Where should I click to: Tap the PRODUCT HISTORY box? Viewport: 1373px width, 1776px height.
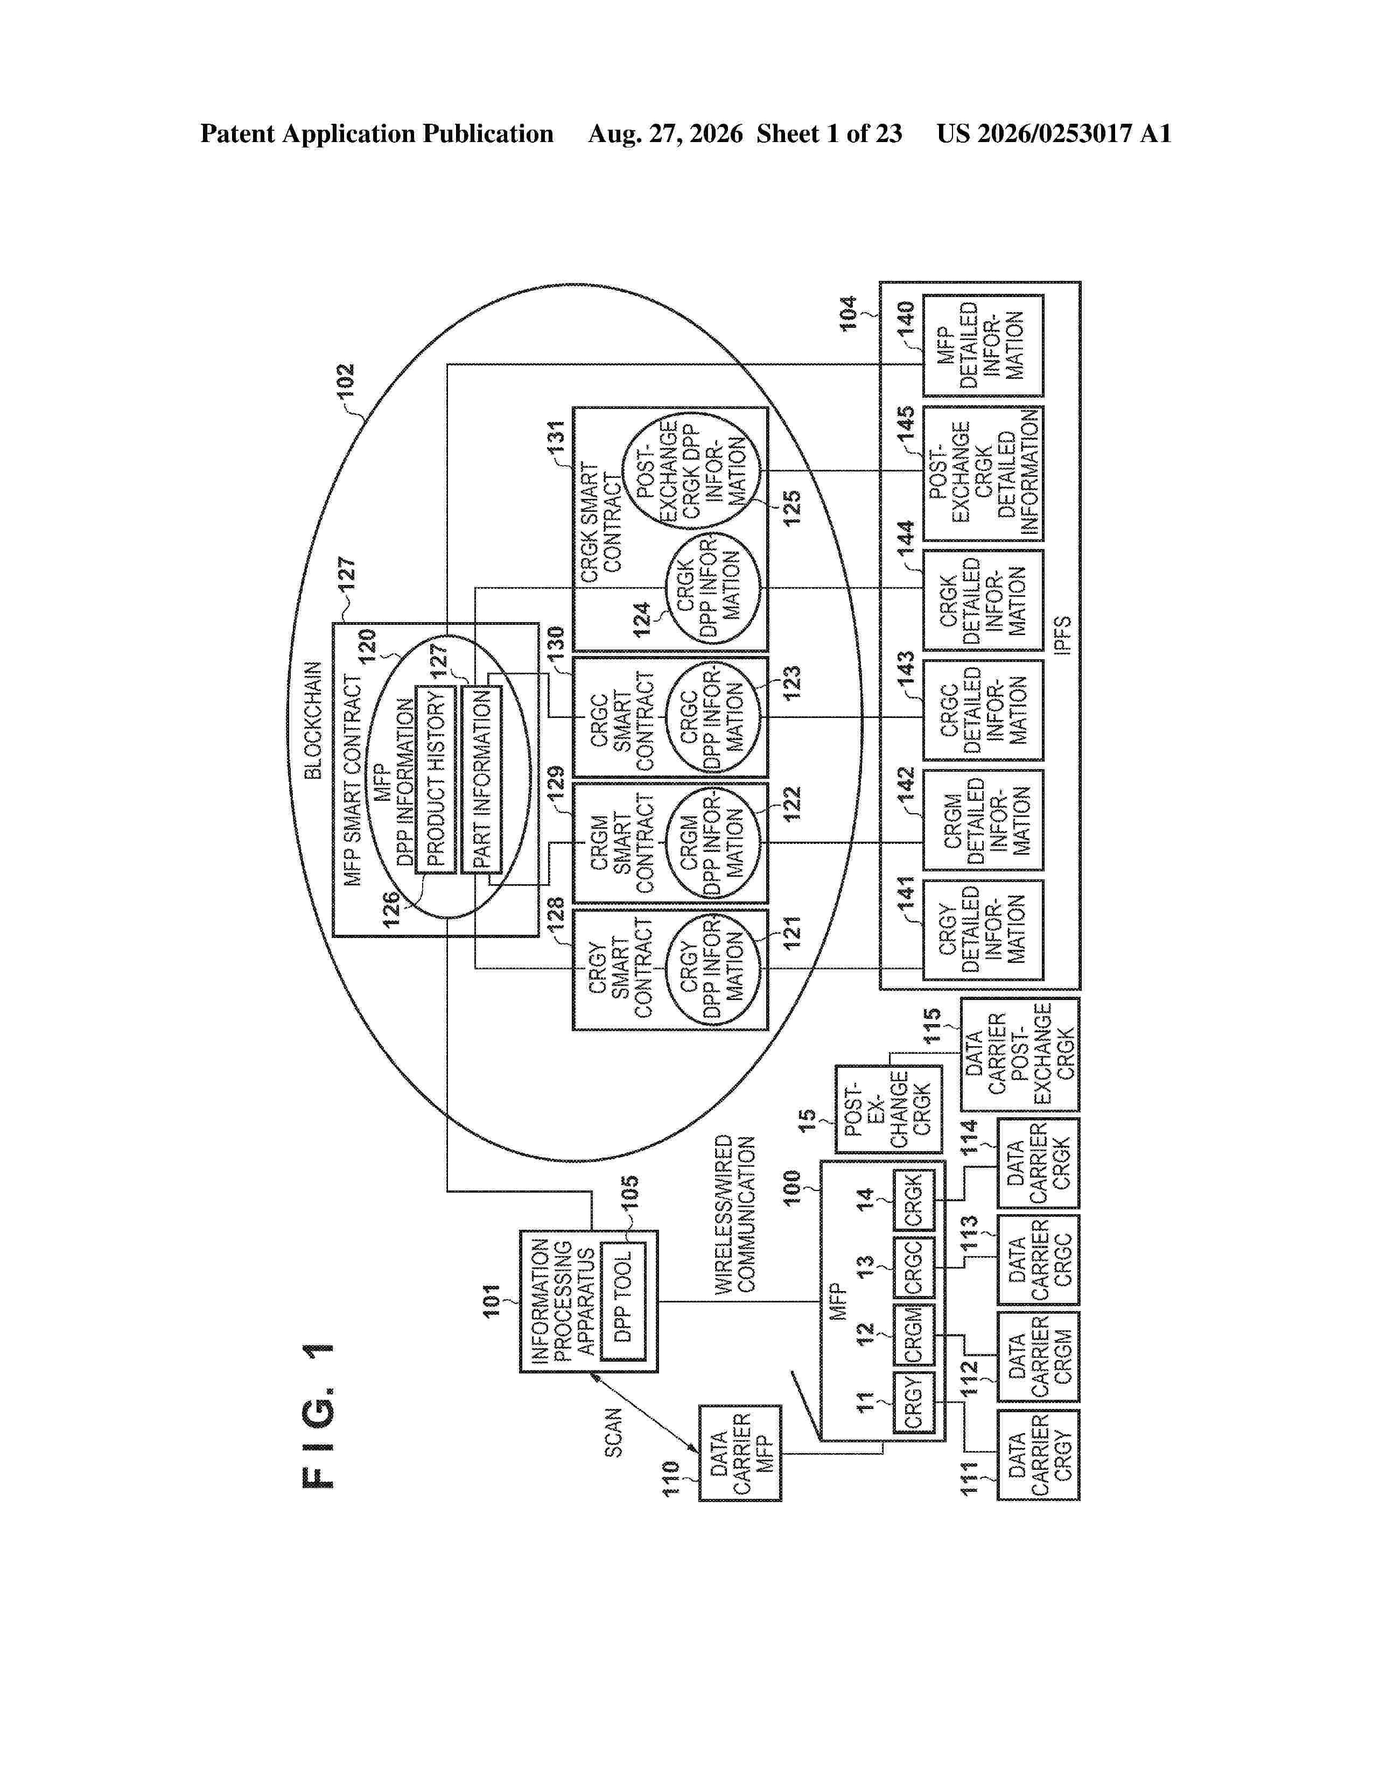click(436, 779)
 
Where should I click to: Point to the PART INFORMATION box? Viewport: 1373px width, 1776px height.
click(481, 779)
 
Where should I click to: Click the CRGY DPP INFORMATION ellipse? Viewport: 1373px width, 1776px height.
click(712, 969)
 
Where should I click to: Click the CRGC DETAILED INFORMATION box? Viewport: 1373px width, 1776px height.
click(983, 710)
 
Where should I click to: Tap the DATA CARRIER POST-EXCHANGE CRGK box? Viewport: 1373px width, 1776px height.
click(1020, 1055)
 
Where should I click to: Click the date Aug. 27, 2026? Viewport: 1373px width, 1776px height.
click(666, 133)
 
